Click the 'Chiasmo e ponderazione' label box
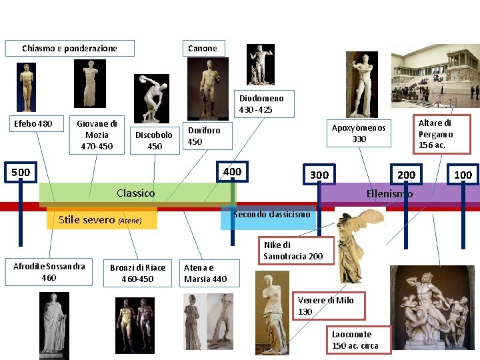tap(69, 48)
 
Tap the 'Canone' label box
tap(203, 48)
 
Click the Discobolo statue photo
tap(151, 98)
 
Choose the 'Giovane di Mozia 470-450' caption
tap(97, 135)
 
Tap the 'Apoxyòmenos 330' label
tap(359, 133)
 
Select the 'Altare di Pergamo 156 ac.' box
tap(435, 133)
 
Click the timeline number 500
tap(21, 173)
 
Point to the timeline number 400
tap(232, 172)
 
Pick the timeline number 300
tap(319, 175)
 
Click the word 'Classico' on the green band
tap(135, 193)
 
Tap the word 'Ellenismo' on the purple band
tap(389, 194)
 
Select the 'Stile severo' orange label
tap(101, 219)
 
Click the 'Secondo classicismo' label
tap(271, 215)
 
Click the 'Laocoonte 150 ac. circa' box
tap(355, 340)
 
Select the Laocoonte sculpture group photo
tap(431, 307)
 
